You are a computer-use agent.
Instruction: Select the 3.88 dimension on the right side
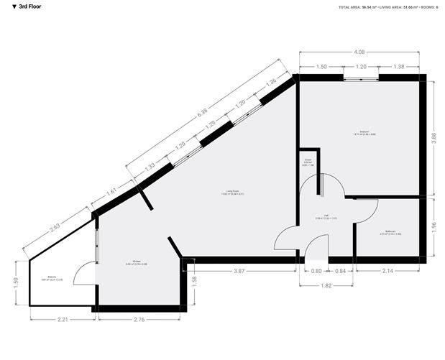coord(433,138)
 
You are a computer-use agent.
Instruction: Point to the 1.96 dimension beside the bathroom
coord(433,228)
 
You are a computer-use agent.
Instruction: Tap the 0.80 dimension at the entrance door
coord(316,271)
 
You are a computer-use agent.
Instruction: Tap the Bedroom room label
coord(364,132)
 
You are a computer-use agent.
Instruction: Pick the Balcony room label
coord(52,277)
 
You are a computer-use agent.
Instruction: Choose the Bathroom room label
coord(391,231)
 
